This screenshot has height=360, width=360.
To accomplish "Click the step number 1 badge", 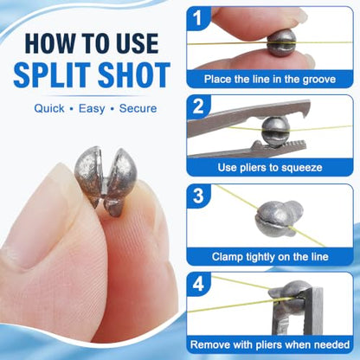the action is tap(198, 18).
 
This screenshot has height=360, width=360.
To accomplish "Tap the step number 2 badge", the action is tap(198, 106).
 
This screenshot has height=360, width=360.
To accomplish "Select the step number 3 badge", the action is tap(198, 196).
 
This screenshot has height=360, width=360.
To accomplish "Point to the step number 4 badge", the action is tap(198, 284).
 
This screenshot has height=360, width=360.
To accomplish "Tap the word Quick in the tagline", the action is tap(49, 109).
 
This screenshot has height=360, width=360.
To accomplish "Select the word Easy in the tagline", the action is tap(92, 109).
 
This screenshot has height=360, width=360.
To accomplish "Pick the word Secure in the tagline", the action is tap(138, 108).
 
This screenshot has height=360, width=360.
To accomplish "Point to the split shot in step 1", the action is tap(282, 43).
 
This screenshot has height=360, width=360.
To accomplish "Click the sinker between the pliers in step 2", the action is tap(275, 132).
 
